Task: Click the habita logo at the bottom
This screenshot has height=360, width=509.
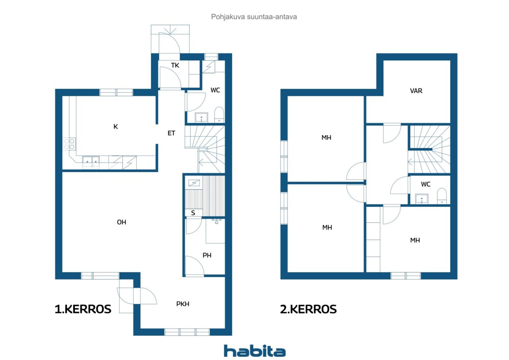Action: pos(254,351)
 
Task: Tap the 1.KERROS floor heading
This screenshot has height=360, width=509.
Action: pos(83,309)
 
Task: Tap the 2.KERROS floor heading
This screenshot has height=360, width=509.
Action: pos(308,309)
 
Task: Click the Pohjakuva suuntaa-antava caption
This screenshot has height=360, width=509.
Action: pos(254,17)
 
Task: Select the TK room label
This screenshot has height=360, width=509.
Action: pos(175,66)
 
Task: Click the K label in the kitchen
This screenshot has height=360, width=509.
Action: pos(115,126)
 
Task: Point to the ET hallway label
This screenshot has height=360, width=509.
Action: pos(171,133)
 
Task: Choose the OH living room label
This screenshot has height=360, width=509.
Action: pos(122,222)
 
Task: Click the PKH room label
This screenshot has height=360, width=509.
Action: pos(183,304)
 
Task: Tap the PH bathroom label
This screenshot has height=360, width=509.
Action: pos(207,255)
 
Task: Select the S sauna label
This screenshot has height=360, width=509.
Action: pos(193,213)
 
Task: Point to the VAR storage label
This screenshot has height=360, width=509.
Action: pos(416,91)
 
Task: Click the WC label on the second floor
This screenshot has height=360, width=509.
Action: pos(425,184)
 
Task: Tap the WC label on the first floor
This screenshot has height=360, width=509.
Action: pos(215,90)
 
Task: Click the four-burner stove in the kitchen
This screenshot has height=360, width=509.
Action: pos(69,144)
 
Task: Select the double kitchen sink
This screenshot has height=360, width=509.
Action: pos(91,162)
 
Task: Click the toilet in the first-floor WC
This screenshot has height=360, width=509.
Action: pos(219,115)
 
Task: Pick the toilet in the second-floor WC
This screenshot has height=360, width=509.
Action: pos(442,196)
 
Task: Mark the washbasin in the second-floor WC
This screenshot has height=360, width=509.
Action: pos(422,198)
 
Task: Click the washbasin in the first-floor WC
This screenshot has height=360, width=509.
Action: pos(201,117)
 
